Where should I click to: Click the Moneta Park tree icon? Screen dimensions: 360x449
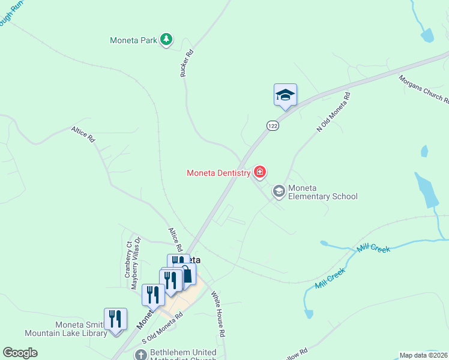(x=166, y=40)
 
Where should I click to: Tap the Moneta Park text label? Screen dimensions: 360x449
(x=133, y=41)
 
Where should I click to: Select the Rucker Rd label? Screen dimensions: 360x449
(x=187, y=62)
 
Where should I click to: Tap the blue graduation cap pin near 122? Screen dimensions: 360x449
(x=286, y=95)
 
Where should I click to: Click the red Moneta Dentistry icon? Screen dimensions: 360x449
(x=260, y=173)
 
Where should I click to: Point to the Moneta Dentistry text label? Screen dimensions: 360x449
(x=218, y=173)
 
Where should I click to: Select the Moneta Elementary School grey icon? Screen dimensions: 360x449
(x=279, y=191)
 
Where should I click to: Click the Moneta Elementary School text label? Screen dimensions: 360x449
(x=322, y=192)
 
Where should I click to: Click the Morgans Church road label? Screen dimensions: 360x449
(x=423, y=88)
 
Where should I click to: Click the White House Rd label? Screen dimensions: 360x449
(x=217, y=314)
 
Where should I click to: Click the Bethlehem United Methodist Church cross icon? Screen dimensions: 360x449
(x=139, y=355)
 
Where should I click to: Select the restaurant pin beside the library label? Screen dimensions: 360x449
(x=115, y=319)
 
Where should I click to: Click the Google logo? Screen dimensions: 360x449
(x=20, y=353)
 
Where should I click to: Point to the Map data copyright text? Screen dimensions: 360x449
(x=423, y=355)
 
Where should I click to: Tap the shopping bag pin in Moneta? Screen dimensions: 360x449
(x=187, y=275)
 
